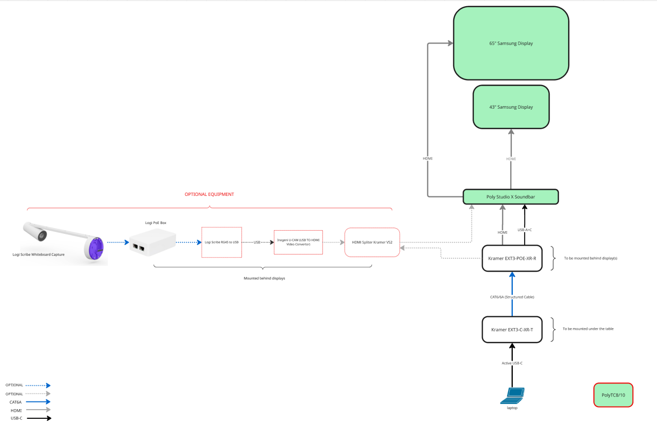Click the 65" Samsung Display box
511,43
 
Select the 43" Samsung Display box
511,107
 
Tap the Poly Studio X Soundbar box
510,197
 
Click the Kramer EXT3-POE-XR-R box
512,258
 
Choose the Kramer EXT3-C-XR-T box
512,330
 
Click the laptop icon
513,395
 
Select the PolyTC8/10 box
613,395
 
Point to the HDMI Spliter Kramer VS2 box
372,242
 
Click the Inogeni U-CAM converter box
298,242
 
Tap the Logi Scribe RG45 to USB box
222,242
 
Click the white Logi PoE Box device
152,242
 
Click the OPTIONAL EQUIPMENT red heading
209,194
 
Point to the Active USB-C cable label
512,363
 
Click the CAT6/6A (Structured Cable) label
512,297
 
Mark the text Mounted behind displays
264,278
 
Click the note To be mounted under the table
588,329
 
